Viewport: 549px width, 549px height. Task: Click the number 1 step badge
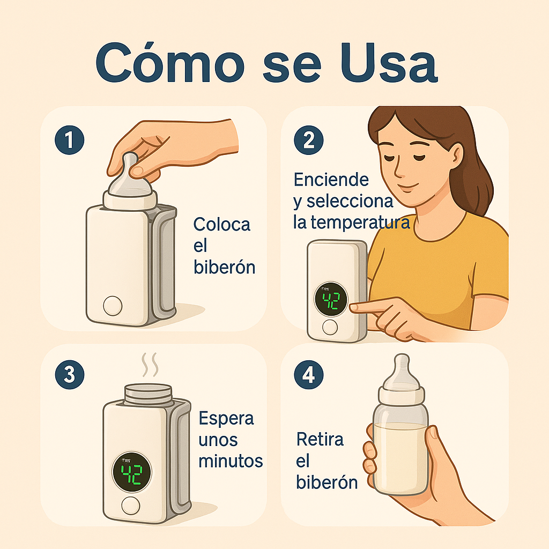(x=69, y=140)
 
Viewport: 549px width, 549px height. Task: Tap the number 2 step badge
(x=309, y=140)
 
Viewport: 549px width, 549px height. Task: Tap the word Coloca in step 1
(x=221, y=224)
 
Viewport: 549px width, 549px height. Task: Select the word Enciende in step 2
(x=331, y=180)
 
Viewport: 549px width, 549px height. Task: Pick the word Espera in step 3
(x=226, y=418)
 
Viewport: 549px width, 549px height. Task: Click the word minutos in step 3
(x=231, y=461)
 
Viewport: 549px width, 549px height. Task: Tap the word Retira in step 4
(x=320, y=440)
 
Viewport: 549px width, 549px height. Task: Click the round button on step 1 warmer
(x=113, y=306)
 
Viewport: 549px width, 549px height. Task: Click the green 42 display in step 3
(x=131, y=473)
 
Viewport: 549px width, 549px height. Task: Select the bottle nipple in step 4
(x=401, y=370)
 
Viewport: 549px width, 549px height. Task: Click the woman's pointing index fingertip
(x=353, y=308)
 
